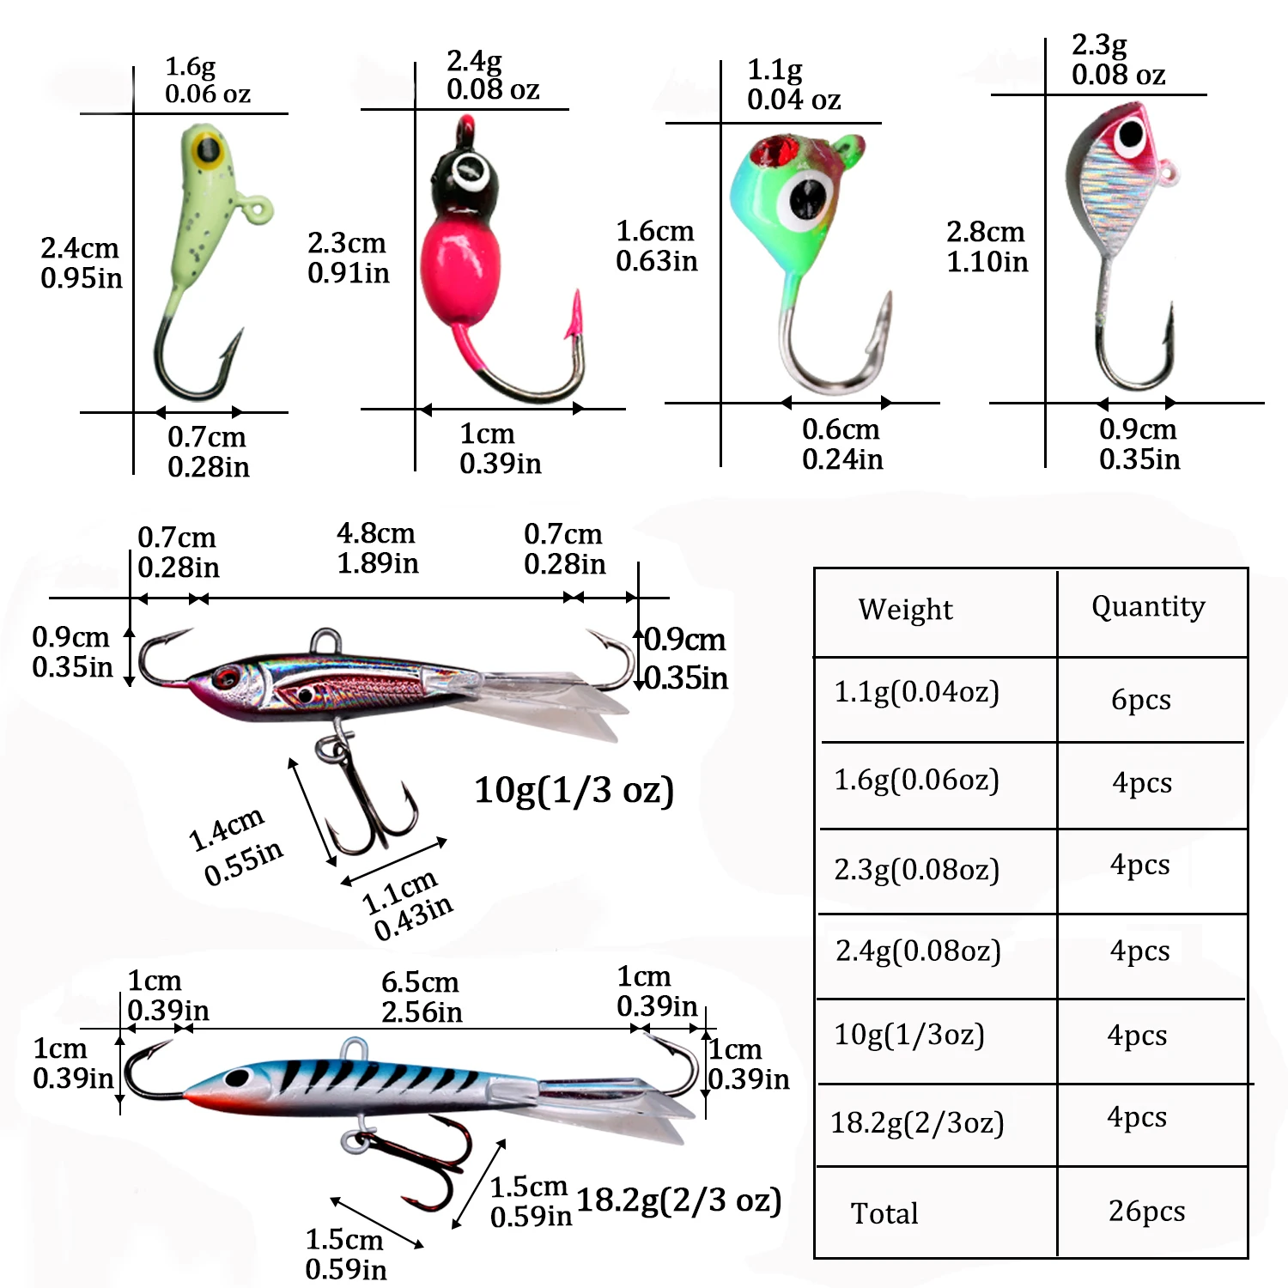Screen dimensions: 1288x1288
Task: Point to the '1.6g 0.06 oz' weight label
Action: pos(207,80)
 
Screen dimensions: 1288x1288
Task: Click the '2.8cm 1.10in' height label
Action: pos(987,246)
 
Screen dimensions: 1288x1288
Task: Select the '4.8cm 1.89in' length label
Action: pos(377,548)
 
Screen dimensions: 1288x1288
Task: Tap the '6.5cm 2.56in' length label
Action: pos(421,997)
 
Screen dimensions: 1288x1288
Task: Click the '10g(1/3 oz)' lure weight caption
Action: pos(574,790)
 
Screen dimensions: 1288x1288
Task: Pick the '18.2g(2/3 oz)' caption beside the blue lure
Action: pos(678,1200)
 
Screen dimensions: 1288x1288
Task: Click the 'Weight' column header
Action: pos(905,610)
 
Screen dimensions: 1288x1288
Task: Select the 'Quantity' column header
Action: pos(1148,607)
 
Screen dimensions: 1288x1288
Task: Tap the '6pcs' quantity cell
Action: pos(1140,700)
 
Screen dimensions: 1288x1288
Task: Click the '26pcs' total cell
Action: pos(1146,1211)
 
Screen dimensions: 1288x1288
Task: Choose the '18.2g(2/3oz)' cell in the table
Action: pos(917,1123)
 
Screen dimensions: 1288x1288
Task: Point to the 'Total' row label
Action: pos(884,1213)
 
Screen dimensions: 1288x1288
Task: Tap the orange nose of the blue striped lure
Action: pos(199,1098)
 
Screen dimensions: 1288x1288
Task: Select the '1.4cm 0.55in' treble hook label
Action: pos(234,846)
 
